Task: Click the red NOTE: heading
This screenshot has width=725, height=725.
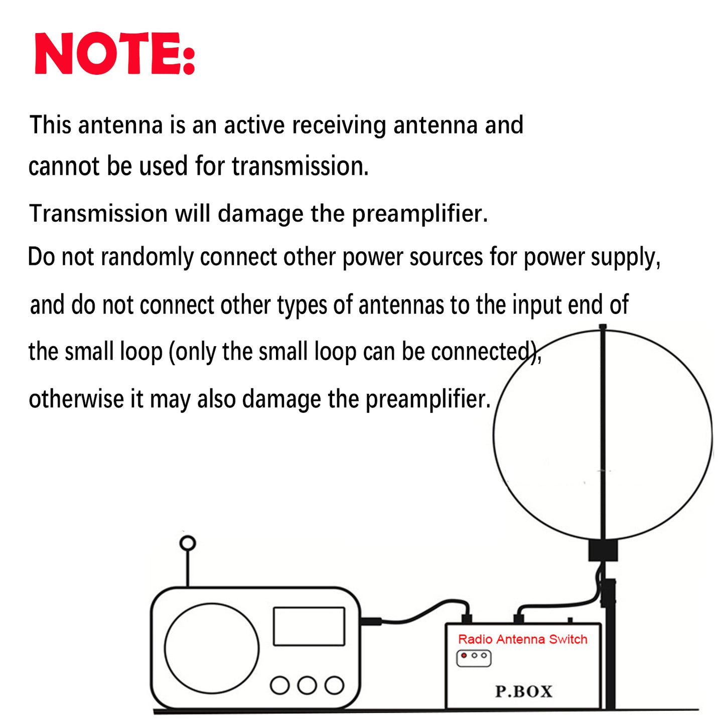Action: pyautogui.click(x=114, y=54)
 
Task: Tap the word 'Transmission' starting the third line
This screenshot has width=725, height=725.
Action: pyautogui.click(x=98, y=214)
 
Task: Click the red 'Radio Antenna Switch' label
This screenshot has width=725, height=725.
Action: pyautogui.click(x=522, y=639)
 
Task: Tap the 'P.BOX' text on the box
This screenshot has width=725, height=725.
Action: pyautogui.click(x=523, y=691)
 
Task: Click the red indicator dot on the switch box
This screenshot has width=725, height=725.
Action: pyautogui.click(x=464, y=655)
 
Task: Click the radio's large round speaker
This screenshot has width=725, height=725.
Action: pyautogui.click(x=212, y=649)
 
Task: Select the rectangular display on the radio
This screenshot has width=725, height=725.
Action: pyautogui.click(x=309, y=627)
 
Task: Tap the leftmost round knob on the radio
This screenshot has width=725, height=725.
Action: pyautogui.click(x=279, y=685)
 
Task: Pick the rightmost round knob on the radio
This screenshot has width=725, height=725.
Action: pyautogui.click(x=334, y=685)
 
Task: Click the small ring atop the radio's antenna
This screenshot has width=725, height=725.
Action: pyautogui.click(x=188, y=543)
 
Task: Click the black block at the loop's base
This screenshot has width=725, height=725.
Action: pyautogui.click(x=603, y=550)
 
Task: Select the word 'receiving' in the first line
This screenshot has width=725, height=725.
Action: pyautogui.click(x=339, y=125)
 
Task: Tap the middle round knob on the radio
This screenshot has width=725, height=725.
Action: pyautogui.click(x=307, y=685)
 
